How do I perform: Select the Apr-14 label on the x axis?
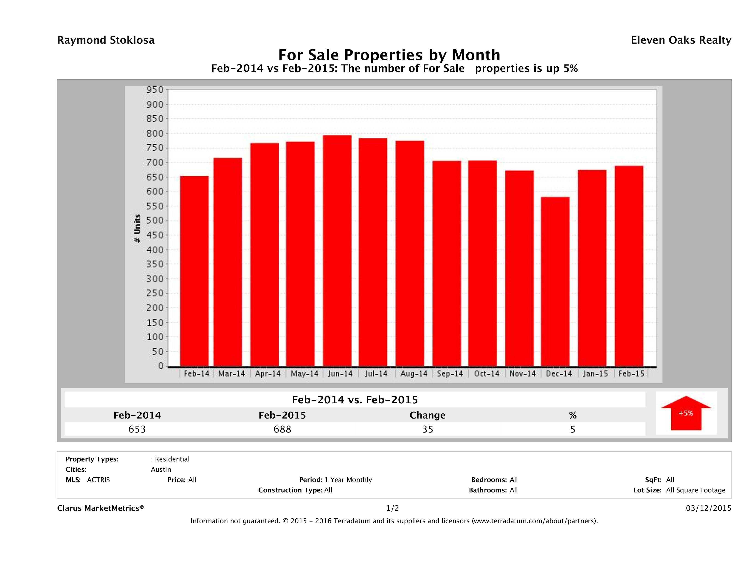pos(268,374)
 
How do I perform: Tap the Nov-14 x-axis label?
pos(523,374)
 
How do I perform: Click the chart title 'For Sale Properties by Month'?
pos(389,55)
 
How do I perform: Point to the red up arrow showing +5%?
pos(686,413)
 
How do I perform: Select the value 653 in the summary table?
pos(137,429)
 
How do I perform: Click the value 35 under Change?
pos(428,429)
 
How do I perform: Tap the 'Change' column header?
pos(428,415)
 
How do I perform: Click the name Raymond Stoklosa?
pos(106,40)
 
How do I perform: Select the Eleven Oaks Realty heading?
pos(681,40)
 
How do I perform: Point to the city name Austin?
pos(161,469)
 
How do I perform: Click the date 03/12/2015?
pos(708,509)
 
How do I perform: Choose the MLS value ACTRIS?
pos(98,480)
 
